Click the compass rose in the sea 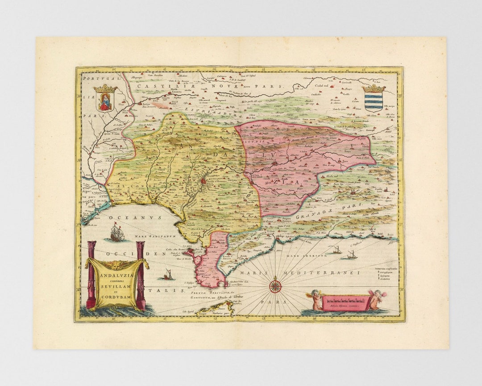[x=275, y=285]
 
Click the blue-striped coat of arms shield [x=374, y=99]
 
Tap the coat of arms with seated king [x=106, y=99]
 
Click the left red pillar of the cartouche [x=91, y=275]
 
